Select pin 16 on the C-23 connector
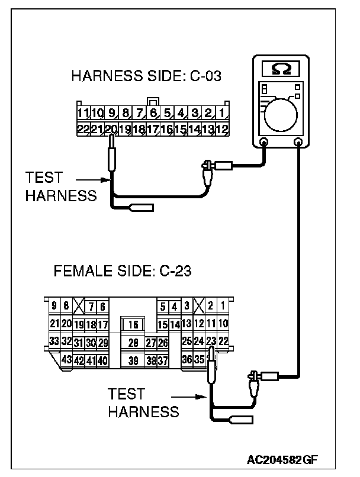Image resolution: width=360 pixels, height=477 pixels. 133,324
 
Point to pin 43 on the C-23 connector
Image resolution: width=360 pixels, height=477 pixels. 67,359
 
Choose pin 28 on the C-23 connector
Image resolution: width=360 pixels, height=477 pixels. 133,342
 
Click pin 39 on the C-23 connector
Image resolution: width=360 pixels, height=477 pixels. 133,360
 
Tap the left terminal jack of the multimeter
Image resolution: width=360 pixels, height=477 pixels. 263,142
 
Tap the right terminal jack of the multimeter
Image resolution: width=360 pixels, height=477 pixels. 298,142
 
